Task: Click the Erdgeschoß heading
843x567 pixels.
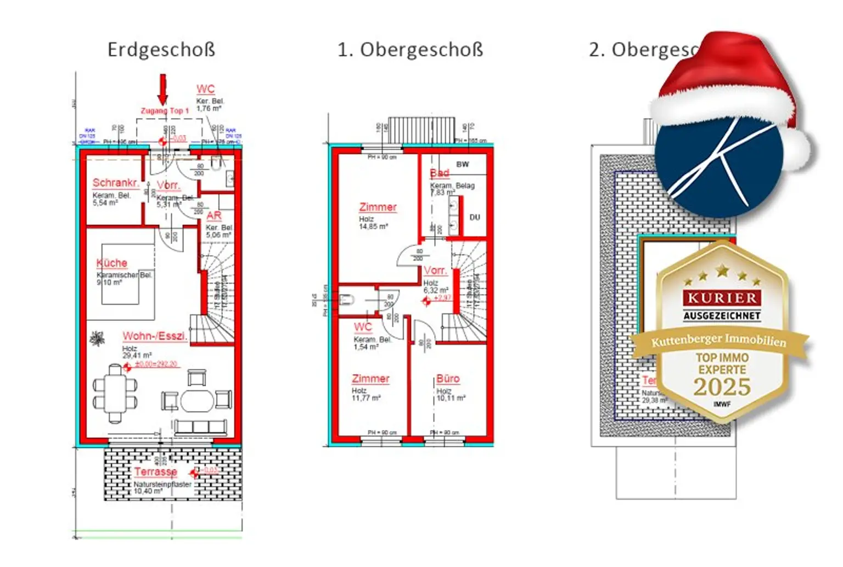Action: (x=161, y=49)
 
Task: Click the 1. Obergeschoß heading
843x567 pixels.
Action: (x=410, y=49)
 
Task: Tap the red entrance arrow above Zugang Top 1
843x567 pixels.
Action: (x=162, y=89)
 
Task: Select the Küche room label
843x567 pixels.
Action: (x=111, y=263)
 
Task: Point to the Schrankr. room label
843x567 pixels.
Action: (x=115, y=183)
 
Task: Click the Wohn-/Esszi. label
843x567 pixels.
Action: (x=154, y=336)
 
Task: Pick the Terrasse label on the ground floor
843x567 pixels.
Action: (x=156, y=471)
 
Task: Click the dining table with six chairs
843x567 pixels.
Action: (x=115, y=393)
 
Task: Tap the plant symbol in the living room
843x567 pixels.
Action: (x=97, y=339)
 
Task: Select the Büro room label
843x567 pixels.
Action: (x=448, y=379)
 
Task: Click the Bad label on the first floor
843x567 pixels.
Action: (x=439, y=173)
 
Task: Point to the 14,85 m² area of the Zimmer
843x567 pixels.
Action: (x=373, y=226)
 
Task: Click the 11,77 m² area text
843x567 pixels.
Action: (x=366, y=398)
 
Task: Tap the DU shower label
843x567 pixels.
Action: (x=475, y=217)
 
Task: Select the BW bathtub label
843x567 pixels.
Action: (x=463, y=164)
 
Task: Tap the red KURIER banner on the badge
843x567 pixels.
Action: (x=722, y=298)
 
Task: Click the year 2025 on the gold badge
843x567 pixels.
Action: (x=722, y=387)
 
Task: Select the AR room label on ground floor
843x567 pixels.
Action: (x=214, y=216)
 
